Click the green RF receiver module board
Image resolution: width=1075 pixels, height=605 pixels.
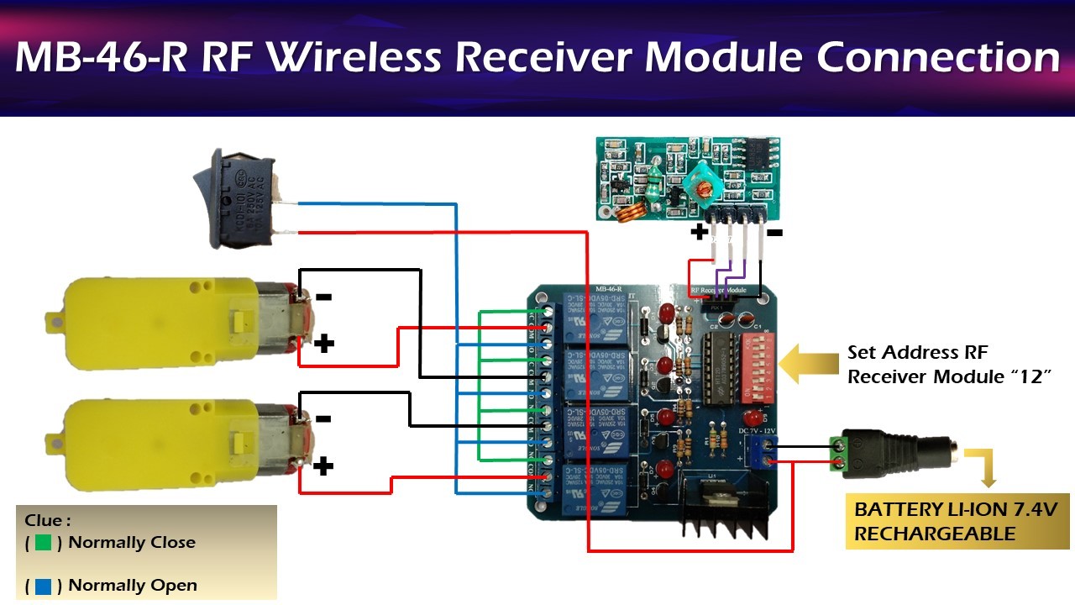click(x=694, y=177)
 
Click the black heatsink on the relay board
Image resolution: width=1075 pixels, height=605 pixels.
click(x=723, y=508)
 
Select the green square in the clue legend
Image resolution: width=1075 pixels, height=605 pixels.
click(x=44, y=543)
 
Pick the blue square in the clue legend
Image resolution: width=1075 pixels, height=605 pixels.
click(x=44, y=586)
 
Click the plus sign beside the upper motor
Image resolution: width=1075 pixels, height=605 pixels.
click(x=324, y=343)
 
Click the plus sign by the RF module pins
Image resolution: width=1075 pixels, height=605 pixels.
click(x=699, y=231)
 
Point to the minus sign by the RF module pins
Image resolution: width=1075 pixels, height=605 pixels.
click(x=774, y=231)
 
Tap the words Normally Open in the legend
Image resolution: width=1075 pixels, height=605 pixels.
click(x=133, y=586)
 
